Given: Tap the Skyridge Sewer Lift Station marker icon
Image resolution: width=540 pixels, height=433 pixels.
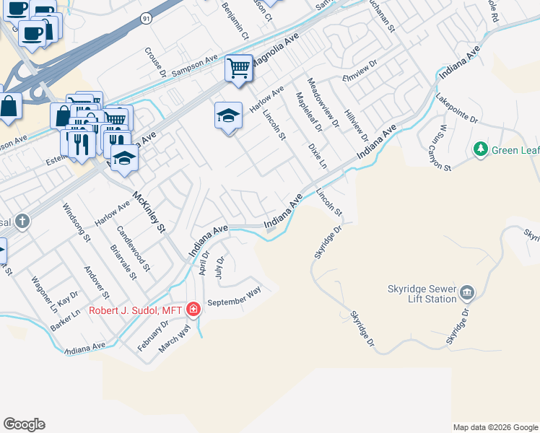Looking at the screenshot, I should click(x=466, y=292).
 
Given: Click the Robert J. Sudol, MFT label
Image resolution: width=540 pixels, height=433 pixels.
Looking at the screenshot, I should click(x=135, y=310).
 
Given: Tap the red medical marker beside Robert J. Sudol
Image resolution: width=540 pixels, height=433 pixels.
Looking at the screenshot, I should click(x=193, y=310).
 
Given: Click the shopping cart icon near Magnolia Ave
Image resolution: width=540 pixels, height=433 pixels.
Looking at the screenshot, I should click(x=239, y=69).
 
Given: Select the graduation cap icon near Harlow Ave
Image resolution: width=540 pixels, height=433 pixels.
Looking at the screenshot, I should click(x=228, y=115).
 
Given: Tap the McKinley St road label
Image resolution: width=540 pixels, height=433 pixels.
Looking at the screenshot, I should click(x=149, y=212).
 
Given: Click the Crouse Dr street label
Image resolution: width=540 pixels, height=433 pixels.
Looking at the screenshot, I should click(x=154, y=62).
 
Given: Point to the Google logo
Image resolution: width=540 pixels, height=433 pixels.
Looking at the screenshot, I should click(x=24, y=424).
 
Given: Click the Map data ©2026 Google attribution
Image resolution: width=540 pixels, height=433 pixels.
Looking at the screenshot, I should click(x=495, y=427).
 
